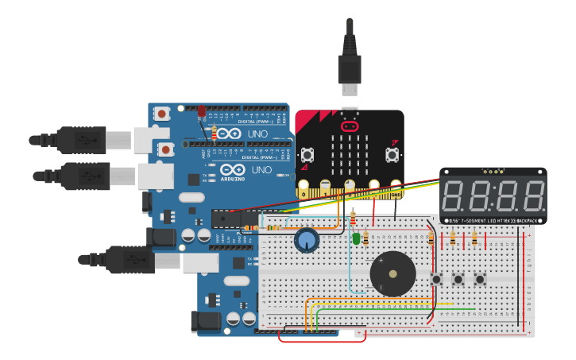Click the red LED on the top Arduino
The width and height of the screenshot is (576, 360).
[x=202, y=111]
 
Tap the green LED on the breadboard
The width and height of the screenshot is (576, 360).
[x=356, y=238]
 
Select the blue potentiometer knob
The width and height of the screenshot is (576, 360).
[x=306, y=240]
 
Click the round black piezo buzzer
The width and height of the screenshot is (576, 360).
[x=392, y=274]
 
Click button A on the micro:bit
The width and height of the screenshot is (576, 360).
[x=307, y=153]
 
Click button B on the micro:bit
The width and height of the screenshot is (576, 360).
[x=392, y=153]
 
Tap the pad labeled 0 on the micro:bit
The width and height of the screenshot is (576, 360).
[x=303, y=189]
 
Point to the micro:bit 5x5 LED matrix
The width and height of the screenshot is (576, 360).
[x=349, y=153]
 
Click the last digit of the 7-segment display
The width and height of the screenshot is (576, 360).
[x=529, y=195]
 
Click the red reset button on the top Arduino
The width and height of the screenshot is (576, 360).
[x=162, y=114]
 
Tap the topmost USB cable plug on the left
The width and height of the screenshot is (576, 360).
[x=79, y=140]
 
